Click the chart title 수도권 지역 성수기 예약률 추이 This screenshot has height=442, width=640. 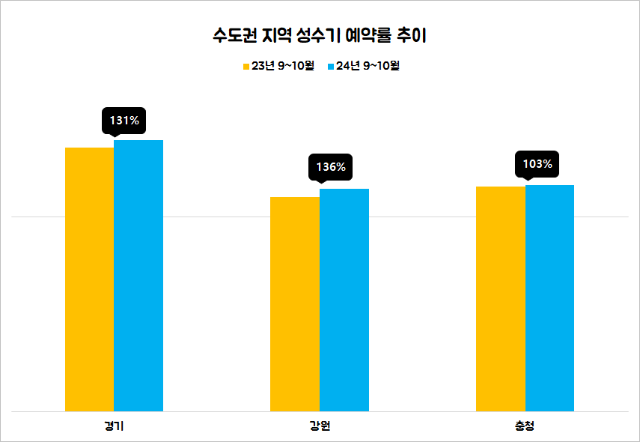tap(320, 34)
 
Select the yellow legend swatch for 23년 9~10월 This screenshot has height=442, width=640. tap(246, 66)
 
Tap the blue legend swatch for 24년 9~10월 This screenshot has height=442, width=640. tap(329, 66)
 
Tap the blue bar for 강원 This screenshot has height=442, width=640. tap(344, 300)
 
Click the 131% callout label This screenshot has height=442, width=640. tap(124, 120)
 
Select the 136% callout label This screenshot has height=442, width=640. tap(331, 167)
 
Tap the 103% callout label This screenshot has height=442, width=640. tap(537, 164)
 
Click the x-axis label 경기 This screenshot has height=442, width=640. tap(114, 427)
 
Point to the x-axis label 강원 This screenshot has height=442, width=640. tap(320, 427)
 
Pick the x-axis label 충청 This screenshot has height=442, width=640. tap(525, 427)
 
